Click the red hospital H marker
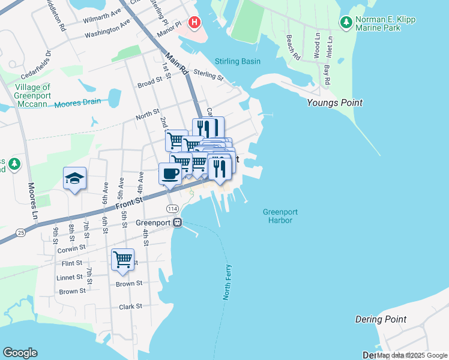click(194, 23)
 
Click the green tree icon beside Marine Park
click(346, 23)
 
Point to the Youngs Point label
click(334, 103)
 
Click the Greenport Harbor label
click(280, 216)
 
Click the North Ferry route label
click(227, 282)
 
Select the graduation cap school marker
click(75, 178)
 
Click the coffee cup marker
click(170, 174)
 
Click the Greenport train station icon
click(177, 222)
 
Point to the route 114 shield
click(172, 208)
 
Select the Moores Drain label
click(77, 103)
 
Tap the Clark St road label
click(130, 306)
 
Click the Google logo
click(20, 353)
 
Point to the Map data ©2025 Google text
click(412, 355)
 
